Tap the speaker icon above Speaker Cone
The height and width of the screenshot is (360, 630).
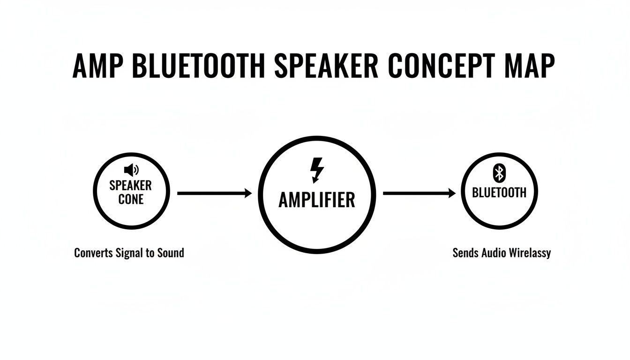[x=130, y=170]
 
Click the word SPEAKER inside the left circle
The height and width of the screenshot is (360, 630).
[x=131, y=185]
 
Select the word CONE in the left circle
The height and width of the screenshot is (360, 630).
[x=131, y=199]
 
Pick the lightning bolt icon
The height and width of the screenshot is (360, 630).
[x=317, y=170]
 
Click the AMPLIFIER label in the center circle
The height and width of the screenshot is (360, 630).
[x=317, y=200]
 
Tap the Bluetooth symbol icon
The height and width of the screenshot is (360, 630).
[x=499, y=173]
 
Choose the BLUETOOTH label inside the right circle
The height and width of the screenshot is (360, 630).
[x=499, y=193]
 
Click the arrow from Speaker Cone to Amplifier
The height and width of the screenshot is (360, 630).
[x=214, y=193]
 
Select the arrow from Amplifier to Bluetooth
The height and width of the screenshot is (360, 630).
[x=419, y=193]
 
